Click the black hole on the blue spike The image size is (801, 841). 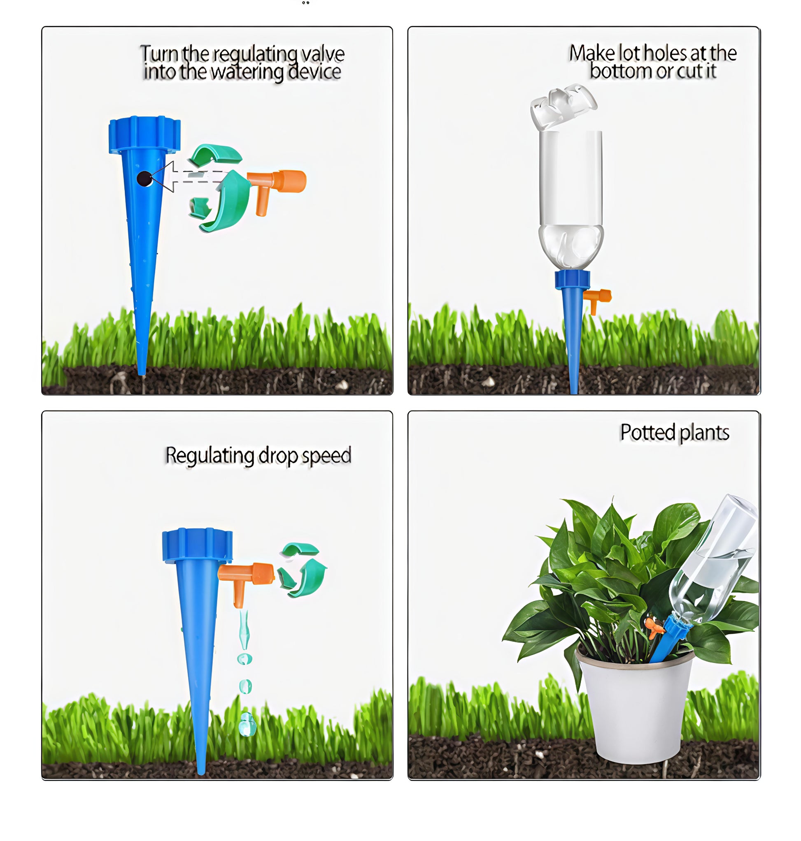[144, 179]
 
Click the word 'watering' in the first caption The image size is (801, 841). [247, 72]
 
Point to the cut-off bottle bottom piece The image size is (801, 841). [563, 106]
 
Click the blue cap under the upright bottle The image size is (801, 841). [572, 279]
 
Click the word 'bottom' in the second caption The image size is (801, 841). [621, 71]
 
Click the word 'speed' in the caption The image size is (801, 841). [327, 456]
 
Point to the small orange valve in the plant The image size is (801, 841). [654, 627]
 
